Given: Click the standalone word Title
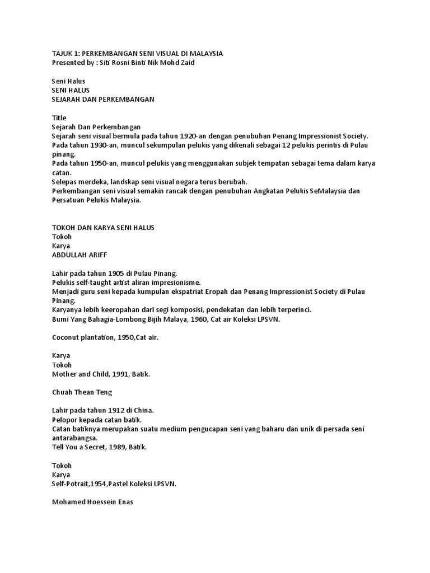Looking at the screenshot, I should click(59, 118).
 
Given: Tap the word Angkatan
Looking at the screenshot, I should click(268, 191).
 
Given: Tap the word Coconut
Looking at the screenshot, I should click(66, 337).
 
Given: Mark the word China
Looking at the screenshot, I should click(144, 410).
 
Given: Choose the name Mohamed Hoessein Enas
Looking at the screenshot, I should click(92, 502).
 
